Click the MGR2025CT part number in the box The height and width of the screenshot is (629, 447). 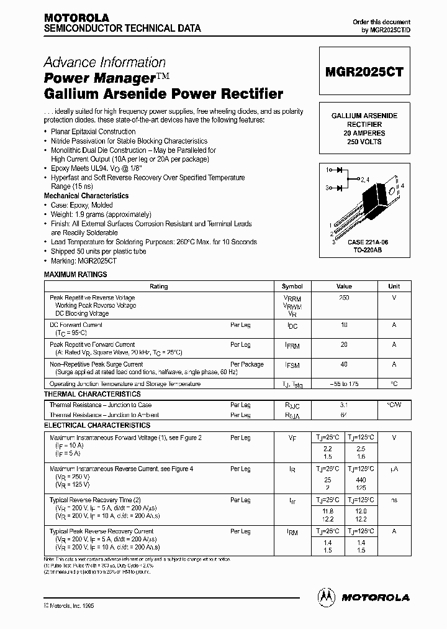(x=365, y=72)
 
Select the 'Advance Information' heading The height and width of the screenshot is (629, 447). (x=104, y=62)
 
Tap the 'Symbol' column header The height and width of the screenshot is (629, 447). (x=292, y=287)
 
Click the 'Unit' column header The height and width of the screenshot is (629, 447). (x=394, y=287)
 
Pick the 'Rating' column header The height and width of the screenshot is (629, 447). (x=159, y=287)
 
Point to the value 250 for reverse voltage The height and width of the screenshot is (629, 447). (x=344, y=298)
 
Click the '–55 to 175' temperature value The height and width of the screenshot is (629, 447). (x=344, y=384)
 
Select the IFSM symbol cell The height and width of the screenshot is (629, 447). (x=292, y=365)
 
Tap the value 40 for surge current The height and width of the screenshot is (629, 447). (x=344, y=364)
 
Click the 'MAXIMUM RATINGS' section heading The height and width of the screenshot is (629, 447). (x=75, y=274)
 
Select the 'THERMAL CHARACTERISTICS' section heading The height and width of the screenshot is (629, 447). (x=92, y=394)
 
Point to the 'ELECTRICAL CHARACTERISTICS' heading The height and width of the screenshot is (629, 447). (x=97, y=425)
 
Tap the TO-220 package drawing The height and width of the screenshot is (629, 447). (x=366, y=205)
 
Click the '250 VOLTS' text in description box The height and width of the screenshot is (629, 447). (x=364, y=142)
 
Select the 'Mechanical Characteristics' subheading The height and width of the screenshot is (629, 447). (x=86, y=196)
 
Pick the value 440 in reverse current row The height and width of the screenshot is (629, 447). (x=361, y=480)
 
